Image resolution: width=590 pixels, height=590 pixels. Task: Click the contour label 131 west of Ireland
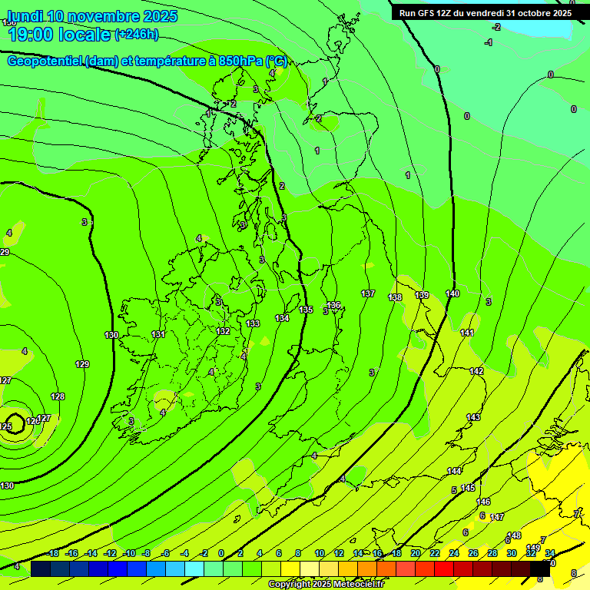click(x=158, y=334)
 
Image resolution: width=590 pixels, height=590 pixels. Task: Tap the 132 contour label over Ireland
click(x=223, y=331)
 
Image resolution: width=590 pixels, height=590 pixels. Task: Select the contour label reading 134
click(x=282, y=318)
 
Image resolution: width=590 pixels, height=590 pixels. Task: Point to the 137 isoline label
click(x=368, y=294)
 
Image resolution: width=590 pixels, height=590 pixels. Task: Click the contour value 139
click(x=422, y=296)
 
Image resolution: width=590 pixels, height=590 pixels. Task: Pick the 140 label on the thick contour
click(x=452, y=293)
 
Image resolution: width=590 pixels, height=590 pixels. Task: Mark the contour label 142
click(x=476, y=371)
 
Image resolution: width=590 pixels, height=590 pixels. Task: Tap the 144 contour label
click(x=455, y=471)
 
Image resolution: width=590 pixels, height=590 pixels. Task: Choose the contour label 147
click(x=497, y=517)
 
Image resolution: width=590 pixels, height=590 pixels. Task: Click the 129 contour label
click(x=82, y=364)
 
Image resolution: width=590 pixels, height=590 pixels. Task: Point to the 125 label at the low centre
click(x=5, y=426)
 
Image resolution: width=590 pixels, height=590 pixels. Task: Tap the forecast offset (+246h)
click(x=136, y=34)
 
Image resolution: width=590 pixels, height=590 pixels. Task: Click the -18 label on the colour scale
click(x=52, y=553)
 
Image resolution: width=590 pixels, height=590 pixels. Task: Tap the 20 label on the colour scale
click(x=416, y=553)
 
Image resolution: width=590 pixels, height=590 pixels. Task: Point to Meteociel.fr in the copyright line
click(x=353, y=584)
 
